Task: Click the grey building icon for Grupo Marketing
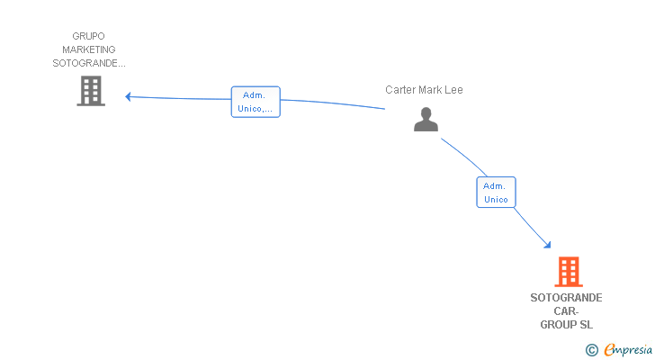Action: coord(91,91)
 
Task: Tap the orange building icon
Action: coord(569,272)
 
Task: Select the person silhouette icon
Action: coord(426,120)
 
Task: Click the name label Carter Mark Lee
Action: coord(424,90)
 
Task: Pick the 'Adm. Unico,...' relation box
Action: coord(256,102)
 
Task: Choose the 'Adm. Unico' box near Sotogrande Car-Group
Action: coord(497,192)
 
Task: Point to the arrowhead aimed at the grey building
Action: coord(129,97)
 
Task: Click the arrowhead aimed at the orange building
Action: coord(548,245)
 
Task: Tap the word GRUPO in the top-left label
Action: coord(88,36)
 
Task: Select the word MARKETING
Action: coord(88,49)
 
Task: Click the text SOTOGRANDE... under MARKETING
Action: coord(88,63)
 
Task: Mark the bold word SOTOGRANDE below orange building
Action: coord(566,298)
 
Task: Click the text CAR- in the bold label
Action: coord(566,311)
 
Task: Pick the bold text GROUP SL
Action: coord(566,325)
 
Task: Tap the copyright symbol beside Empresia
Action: coord(591,350)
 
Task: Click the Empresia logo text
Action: coord(628,349)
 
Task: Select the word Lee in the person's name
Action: coord(453,90)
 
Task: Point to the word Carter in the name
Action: coord(400,90)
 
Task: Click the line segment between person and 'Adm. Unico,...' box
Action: coord(333,103)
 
